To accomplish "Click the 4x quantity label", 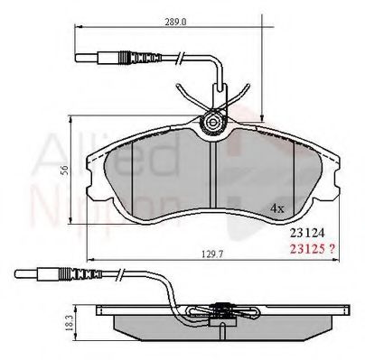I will [278, 208].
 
